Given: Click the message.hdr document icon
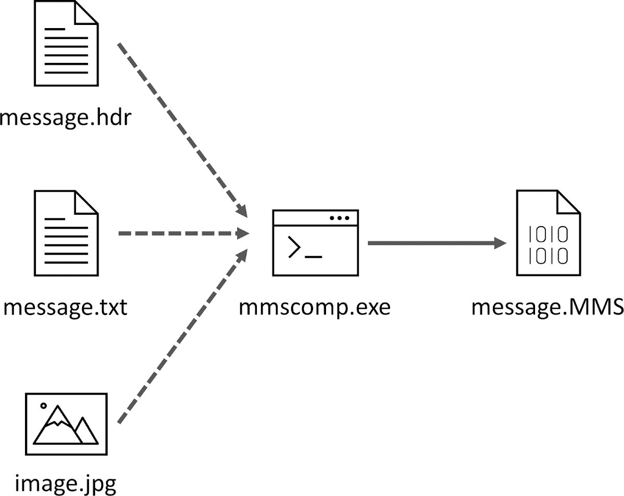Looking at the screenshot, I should click(x=66, y=44).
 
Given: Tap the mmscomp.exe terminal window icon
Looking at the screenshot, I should click(x=316, y=243).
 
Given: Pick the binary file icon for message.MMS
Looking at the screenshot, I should click(x=548, y=233).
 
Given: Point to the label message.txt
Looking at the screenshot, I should click(x=66, y=307).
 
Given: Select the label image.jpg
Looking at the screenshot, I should click(x=66, y=483).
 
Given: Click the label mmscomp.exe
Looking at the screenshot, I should click(x=315, y=307).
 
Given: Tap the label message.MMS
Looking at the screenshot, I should click(x=547, y=307).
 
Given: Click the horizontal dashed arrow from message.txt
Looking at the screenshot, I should click(x=182, y=233).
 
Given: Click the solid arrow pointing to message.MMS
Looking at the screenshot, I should click(x=437, y=243).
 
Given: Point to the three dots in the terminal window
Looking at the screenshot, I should click(x=340, y=218).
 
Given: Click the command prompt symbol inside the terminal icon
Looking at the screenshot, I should click(x=294, y=247).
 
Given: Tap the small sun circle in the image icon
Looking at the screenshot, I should click(x=44, y=406).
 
